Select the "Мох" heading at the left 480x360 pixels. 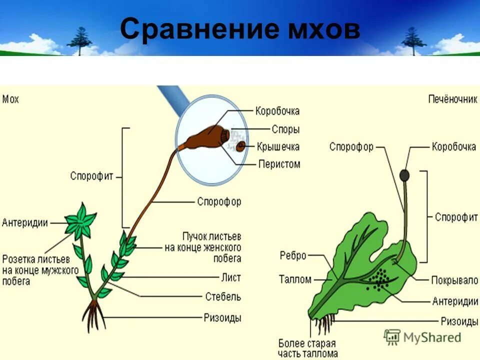(x=10, y=99)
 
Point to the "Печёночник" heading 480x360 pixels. (x=452, y=99)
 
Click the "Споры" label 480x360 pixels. (x=285, y=129)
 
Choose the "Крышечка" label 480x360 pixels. (x=278, y=146)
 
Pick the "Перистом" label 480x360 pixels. (x=279, y=164)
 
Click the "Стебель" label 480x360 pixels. (x=222, y=296)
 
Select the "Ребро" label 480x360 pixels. (x=293, y=255)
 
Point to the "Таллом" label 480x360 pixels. (x=295, y=279)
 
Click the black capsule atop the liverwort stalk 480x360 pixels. (x=404, y=175)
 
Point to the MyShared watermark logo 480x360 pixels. (x=422, y=337)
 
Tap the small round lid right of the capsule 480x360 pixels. (x=241, y=146)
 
